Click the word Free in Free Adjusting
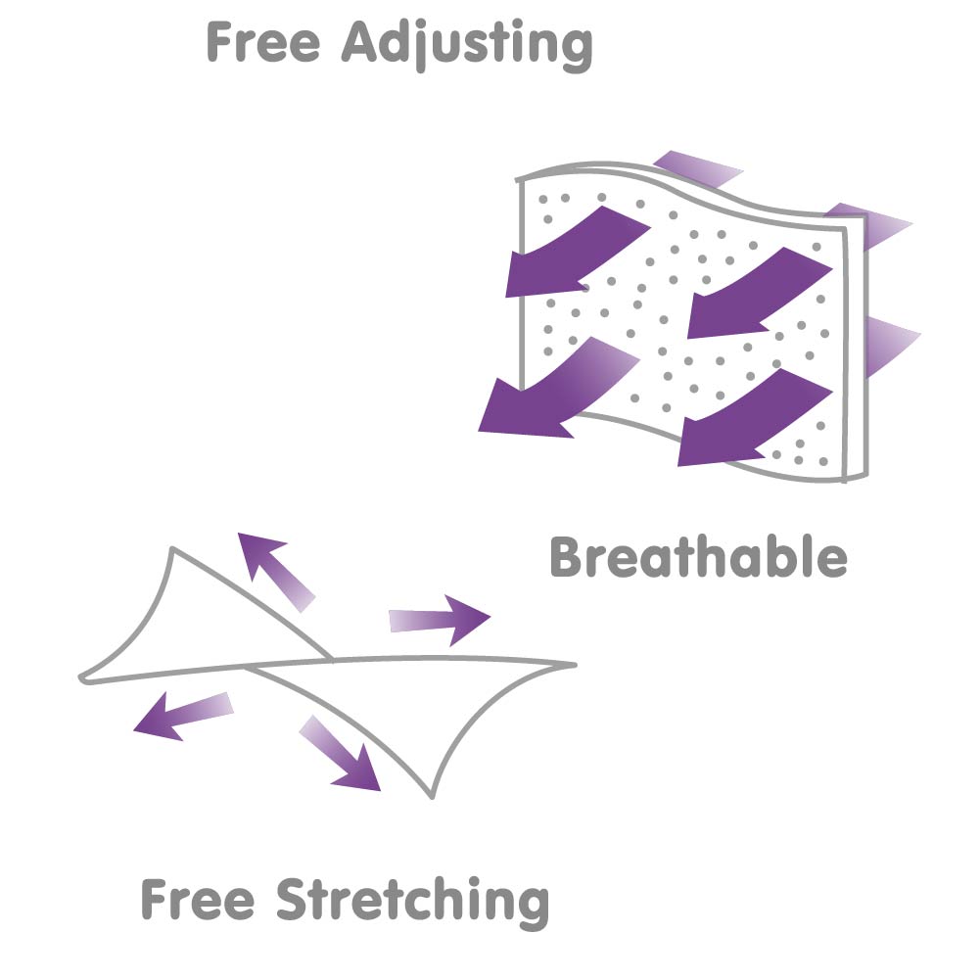pyautogui.click(x=263, y=42)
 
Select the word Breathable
pyautogui.click(x=698, y=557)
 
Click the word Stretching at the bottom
pyautogui.click(x=412, y=902)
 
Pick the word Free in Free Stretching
pyautogui.click(x=198, y=899)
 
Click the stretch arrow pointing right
pyautogui.click(x=440, y=620)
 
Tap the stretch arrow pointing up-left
pyautogui.click(x=275, y=571)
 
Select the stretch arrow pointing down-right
pyautogui.click(x=341, y=753)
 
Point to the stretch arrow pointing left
pyautogui.click(x=183, y=717)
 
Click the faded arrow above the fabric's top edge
pyautogui.click(x=698, y=166)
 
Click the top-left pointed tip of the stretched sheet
pyautogui.click(x=172, y=549)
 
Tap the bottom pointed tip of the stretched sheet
pyautogui.click(x=431, y=798)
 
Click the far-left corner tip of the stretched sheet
pyautogui.click(x=80, y=678)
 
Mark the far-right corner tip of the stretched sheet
pyautogui.click(x=575, y=665)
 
